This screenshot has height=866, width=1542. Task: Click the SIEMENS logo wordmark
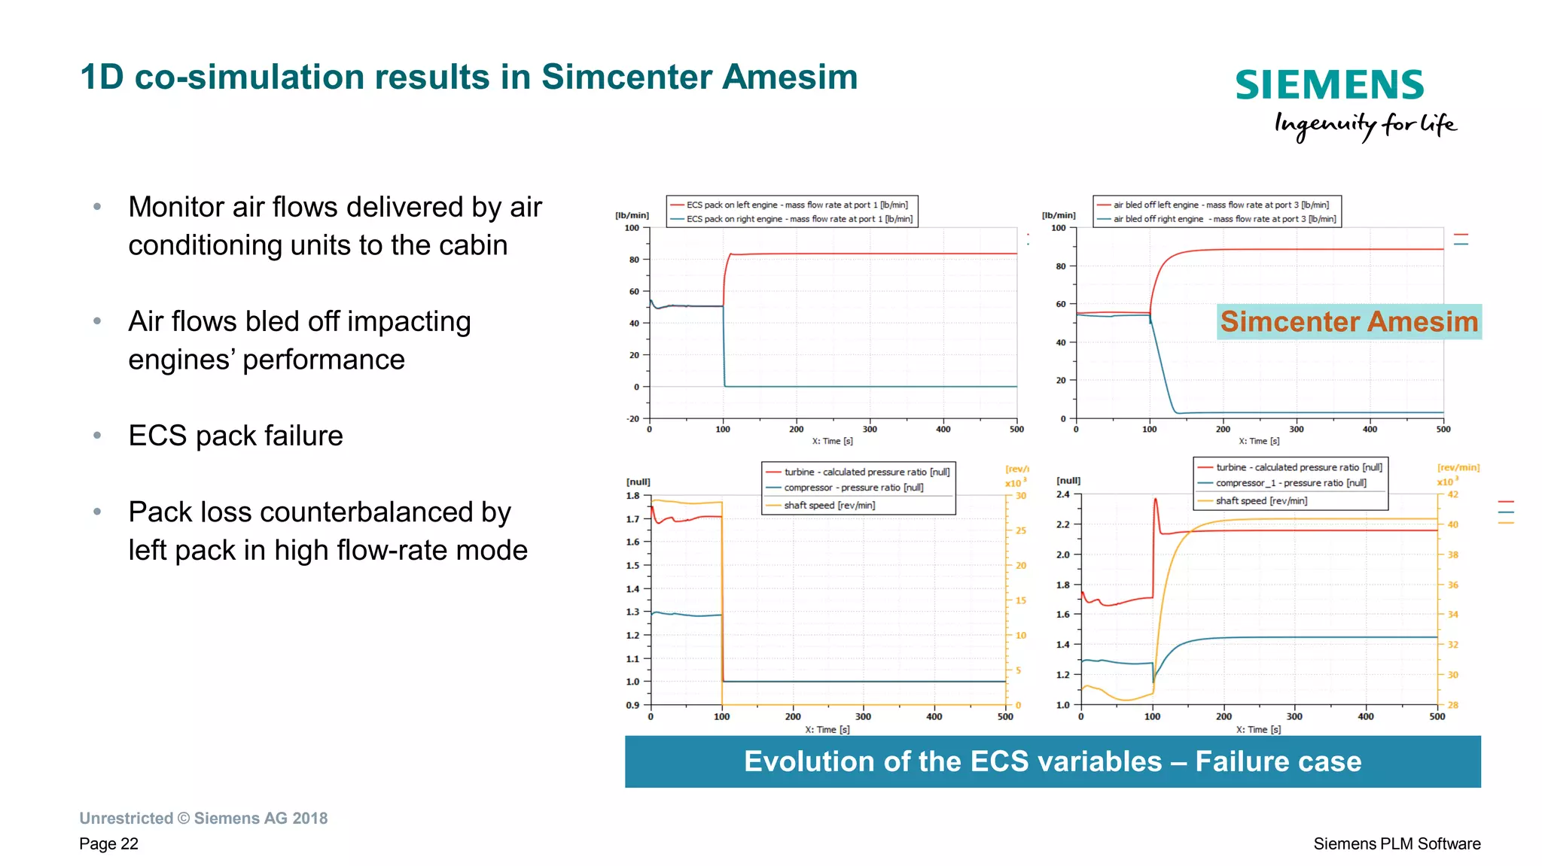pyautogui.click(x=1329, y=85)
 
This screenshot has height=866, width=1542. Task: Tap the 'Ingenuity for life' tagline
pyautogui.click(x=1364, y=124)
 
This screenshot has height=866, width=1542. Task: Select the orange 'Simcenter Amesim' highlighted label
pyautogui.click(x=1348, y=321)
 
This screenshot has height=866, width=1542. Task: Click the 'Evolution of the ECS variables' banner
pyautogui.click(x=1052, y=761)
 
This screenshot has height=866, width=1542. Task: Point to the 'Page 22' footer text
pyautogui.click(x=108, y=843)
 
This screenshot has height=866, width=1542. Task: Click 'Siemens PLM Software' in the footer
pyautogui.click(x=1396, y=843)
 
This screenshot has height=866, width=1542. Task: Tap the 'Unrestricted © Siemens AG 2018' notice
pyautogui.click(x=203, y=818)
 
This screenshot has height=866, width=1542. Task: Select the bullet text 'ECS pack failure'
pyautogui.click(x=235, y=436)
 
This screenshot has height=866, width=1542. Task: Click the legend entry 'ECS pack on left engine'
pyautogui.click(x=796, y=205)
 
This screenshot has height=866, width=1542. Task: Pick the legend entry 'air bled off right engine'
pyautogui.click(x=1224, y=219)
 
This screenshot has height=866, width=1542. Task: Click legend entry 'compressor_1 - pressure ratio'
pyautogui.click(x=1291, y=483)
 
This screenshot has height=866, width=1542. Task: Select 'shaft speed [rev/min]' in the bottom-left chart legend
pyautogui.click(x=829, y=505)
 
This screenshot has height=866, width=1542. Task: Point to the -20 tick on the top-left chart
pyautogui.click(x=633, y=419)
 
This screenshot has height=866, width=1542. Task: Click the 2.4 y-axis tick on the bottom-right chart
pyautogui.click(x=1062, y=494)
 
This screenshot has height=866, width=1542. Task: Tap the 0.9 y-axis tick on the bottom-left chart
pyautogui.click(x=632, y=705)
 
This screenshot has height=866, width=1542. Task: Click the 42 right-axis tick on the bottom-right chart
pyautogui.click(x=1452, y=494)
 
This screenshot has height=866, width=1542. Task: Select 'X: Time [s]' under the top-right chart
pyautogui.click(x=1259, y=441)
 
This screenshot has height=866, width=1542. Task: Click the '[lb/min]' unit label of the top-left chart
pyautogui.click(x=632, y=215)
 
